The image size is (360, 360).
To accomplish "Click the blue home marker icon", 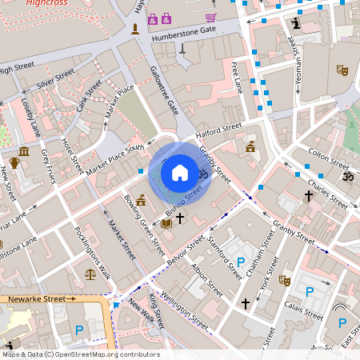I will [180, 172].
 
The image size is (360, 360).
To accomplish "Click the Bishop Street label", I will [184, 202].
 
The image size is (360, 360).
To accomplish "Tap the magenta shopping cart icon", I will [210, 18].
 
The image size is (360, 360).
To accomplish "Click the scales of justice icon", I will [89, 273].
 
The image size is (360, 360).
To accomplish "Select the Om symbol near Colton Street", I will [347, 176].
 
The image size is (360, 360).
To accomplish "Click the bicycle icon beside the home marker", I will [203, 173].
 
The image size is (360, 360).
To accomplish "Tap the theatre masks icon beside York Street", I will [284, 280].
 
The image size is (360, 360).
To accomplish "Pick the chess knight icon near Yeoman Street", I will [298, 24].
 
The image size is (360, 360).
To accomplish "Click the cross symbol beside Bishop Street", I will [180, 218].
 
